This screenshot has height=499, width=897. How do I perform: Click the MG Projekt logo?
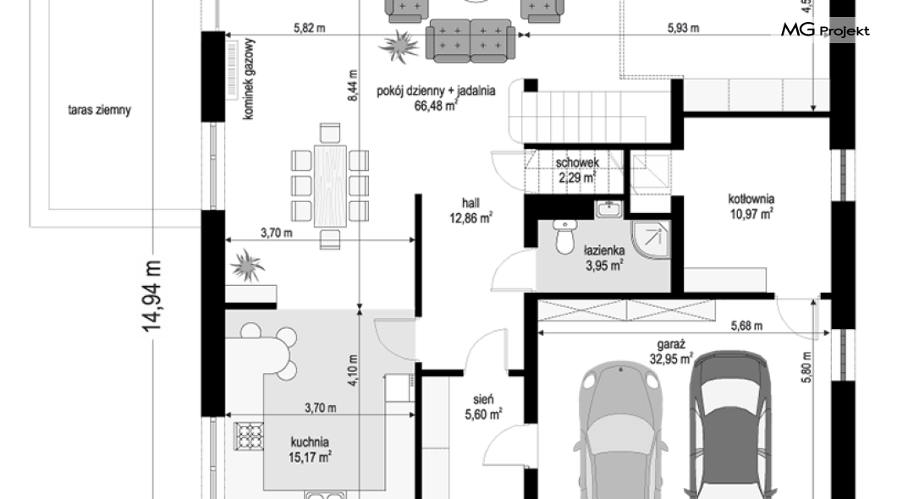click(x=825, y=30)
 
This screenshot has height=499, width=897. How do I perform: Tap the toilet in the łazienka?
click(x=564, y=237)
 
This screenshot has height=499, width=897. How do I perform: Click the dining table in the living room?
click(x=329, y=186)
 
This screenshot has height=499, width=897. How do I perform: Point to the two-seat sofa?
click(x=471, y=39)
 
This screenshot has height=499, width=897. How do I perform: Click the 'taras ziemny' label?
click(x=100, y=110)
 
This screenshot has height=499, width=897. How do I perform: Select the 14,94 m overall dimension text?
click(x=152, y=295)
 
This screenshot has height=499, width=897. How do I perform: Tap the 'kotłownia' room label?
click(x=751, y=199)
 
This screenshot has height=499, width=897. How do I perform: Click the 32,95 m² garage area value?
click(x=671, y=359)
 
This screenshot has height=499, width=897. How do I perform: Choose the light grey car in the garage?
click(x=620, y=429)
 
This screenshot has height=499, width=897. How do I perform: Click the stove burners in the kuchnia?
click(x=249, y=436)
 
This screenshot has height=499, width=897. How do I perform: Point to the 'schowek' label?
click(x=577, y=163)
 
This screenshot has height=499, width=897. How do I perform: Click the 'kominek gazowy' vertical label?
click(x=248, y=79)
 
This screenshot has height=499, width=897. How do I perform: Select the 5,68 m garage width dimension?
click(x=746, y=326)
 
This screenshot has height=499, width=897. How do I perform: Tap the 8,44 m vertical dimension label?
click(x=352, y=85)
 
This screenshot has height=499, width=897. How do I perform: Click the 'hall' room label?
click(x=471, y=203)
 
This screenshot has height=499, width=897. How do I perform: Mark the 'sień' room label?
click(x=483, y=399)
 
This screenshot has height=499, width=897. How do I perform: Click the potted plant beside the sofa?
click(x=399, y=45)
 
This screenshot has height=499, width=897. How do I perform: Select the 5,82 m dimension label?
click(x=310, y=28)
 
